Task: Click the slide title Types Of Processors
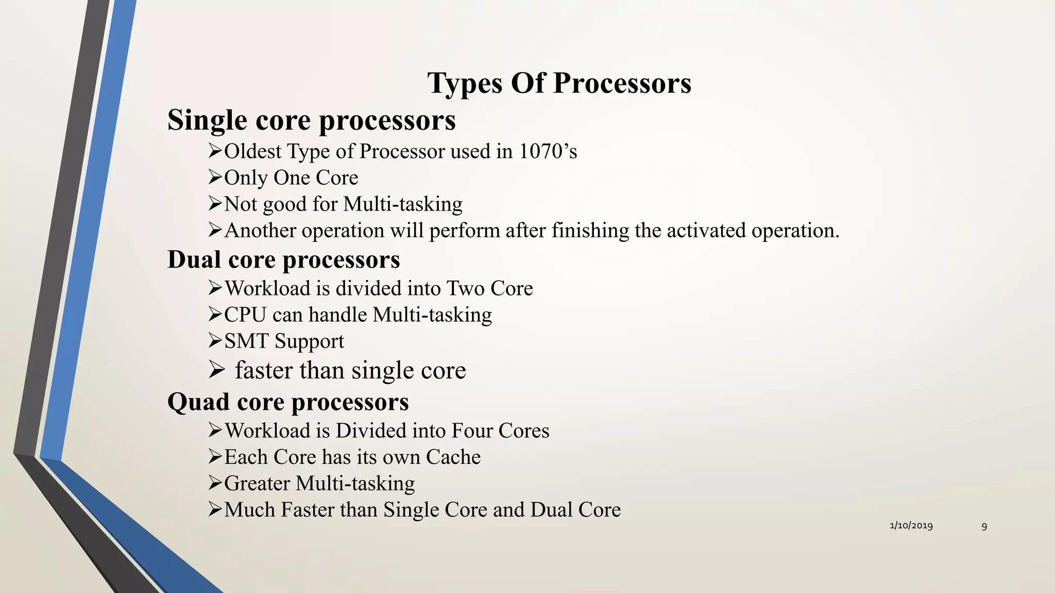coord(559,83)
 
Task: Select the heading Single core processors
coord(311,120)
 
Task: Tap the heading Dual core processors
coord(283,259)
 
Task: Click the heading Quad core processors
coord(288,402)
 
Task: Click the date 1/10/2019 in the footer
coord(911,526)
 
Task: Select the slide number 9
coord(984,526)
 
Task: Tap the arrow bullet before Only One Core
coord(215,178)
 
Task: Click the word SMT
coord(246,341)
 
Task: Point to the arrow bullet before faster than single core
coord(216,370)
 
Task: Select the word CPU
coord(245,315)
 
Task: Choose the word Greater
coord(257,483)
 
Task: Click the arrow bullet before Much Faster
coord(215,510)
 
